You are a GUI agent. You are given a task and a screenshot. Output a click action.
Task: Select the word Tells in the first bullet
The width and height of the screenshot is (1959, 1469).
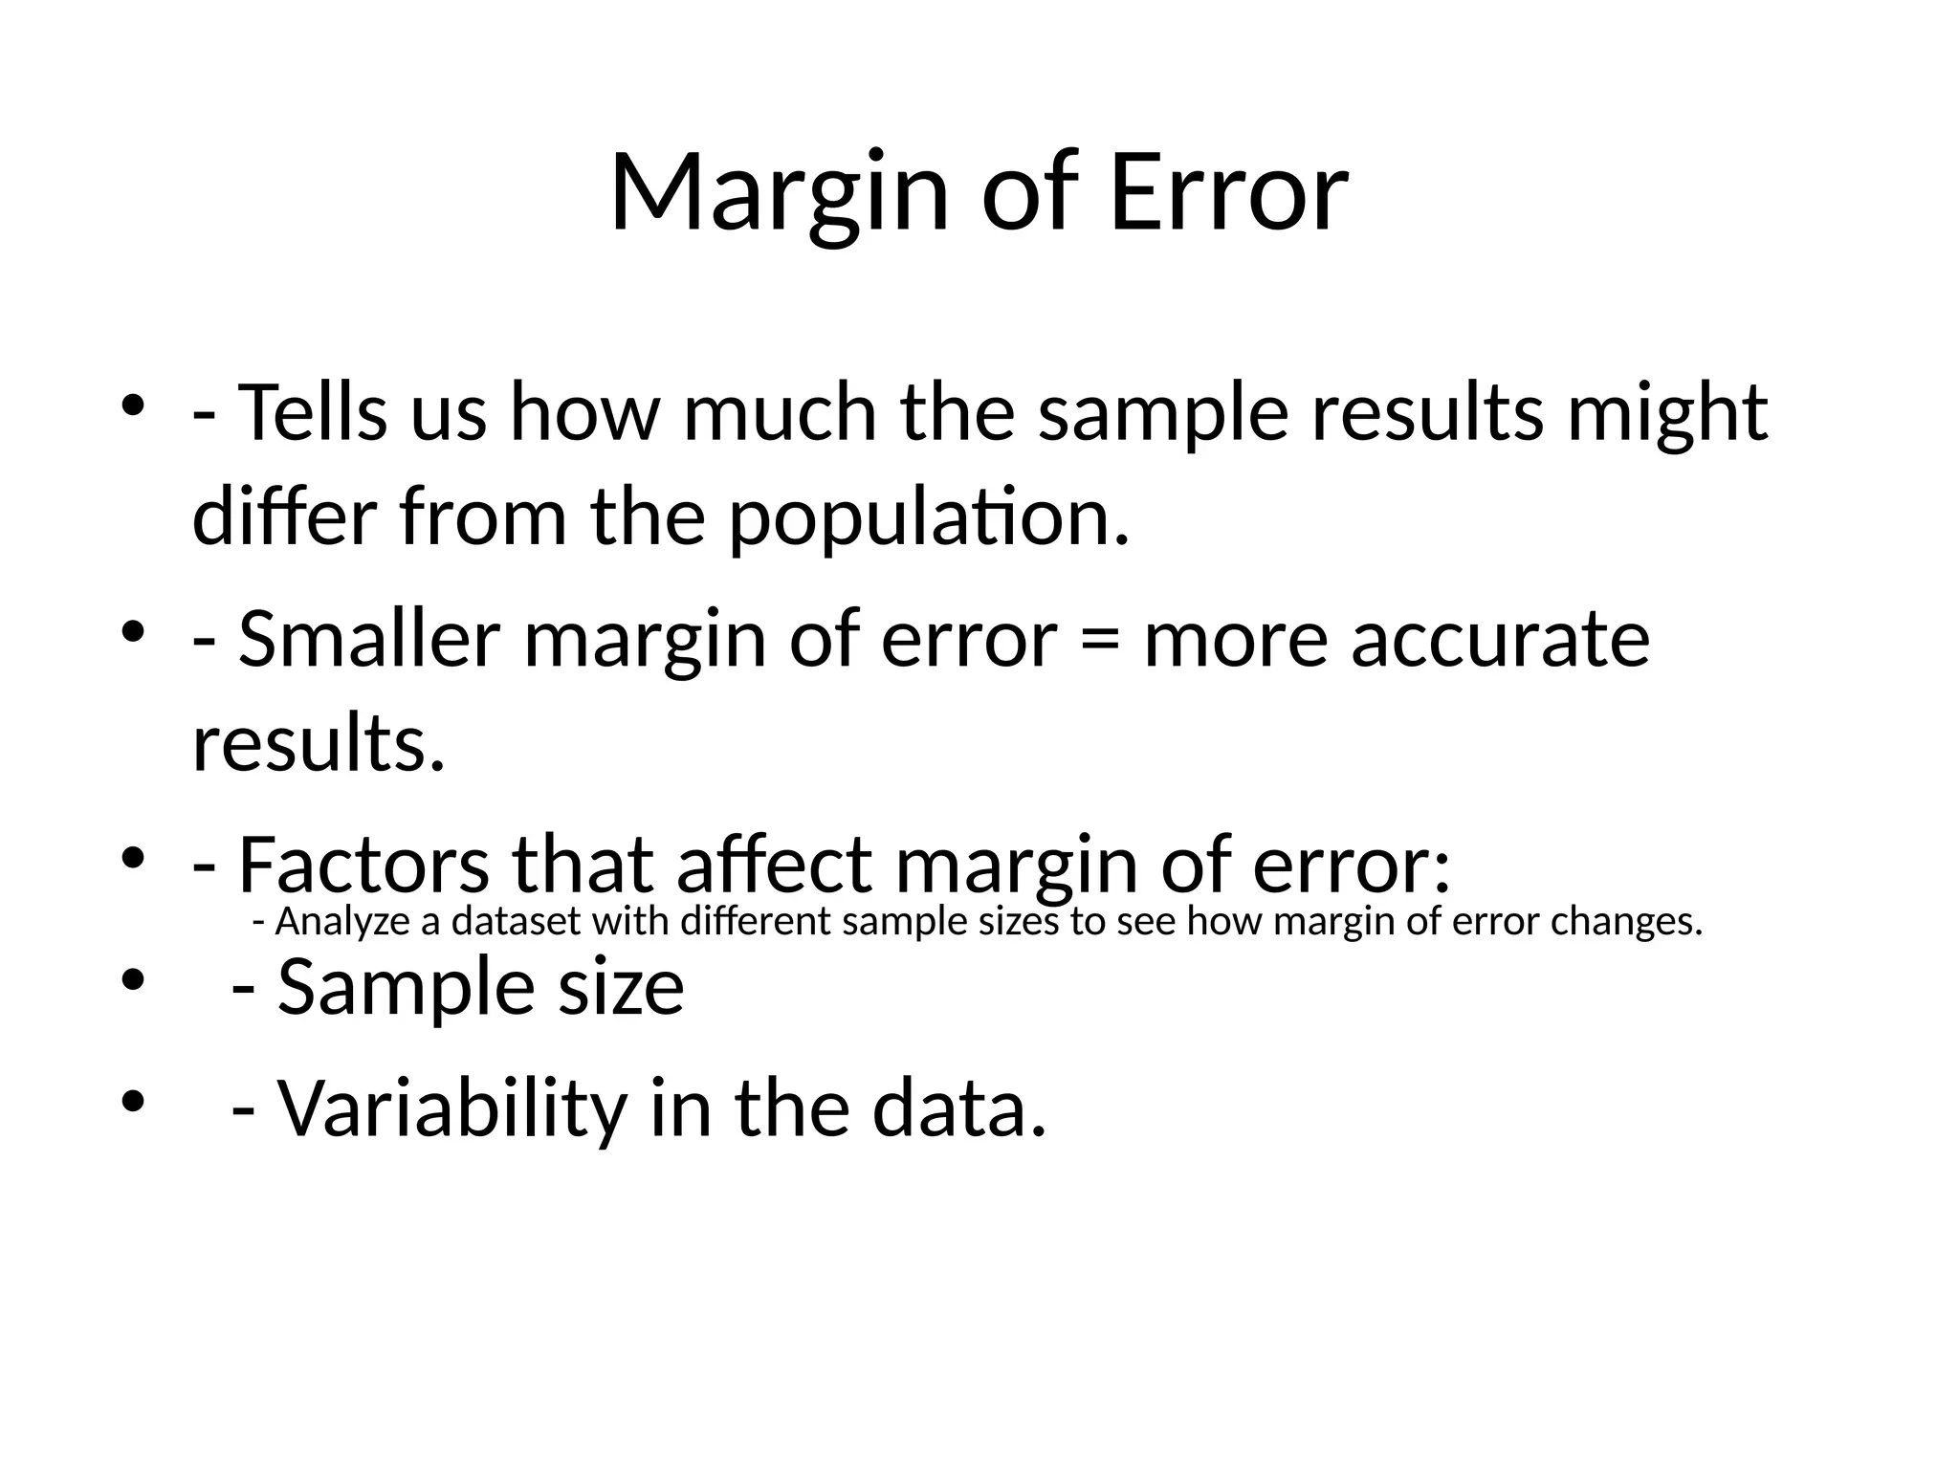(313, 413)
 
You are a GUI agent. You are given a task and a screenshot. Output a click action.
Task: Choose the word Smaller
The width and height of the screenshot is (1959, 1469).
(369, 639)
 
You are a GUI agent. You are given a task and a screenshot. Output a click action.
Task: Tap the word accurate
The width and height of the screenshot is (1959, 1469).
(1500, 641)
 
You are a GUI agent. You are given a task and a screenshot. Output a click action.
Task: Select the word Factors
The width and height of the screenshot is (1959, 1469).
(363, 865)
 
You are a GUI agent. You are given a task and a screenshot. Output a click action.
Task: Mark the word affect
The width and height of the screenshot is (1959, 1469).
(774, 865)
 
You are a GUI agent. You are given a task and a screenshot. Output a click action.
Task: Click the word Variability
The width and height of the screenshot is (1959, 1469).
(452, 1109)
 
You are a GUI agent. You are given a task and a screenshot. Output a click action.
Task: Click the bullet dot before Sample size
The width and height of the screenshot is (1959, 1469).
(132, 980)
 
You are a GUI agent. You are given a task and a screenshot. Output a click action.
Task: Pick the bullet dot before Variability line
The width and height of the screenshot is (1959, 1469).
(132, 1102)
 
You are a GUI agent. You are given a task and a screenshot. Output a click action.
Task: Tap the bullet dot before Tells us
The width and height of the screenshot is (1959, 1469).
(132, 404)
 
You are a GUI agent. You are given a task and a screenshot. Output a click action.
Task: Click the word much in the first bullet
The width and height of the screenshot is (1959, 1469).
(780, 413)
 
